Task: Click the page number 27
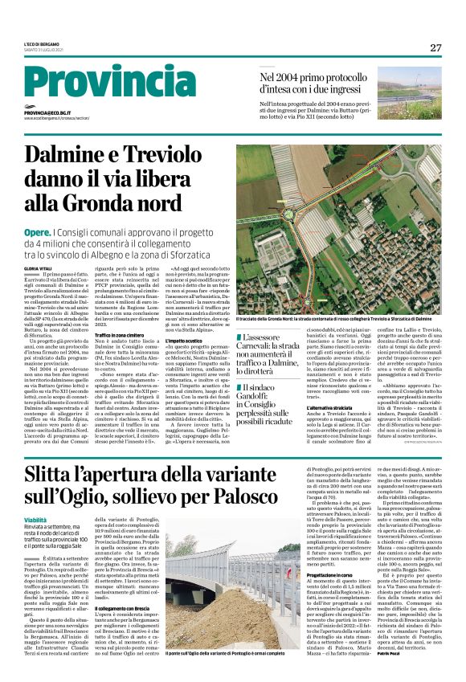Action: coord(435,47)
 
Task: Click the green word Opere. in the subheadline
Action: coord(37,232)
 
